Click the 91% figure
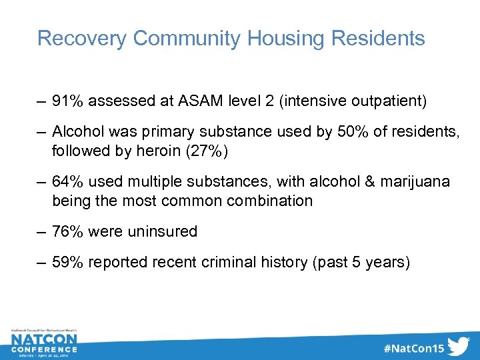point(67,101)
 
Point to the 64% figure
point(67,182)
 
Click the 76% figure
point(67,231)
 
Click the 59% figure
point(67,263)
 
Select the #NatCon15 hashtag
point(413,347)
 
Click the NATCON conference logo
point(44,343)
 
